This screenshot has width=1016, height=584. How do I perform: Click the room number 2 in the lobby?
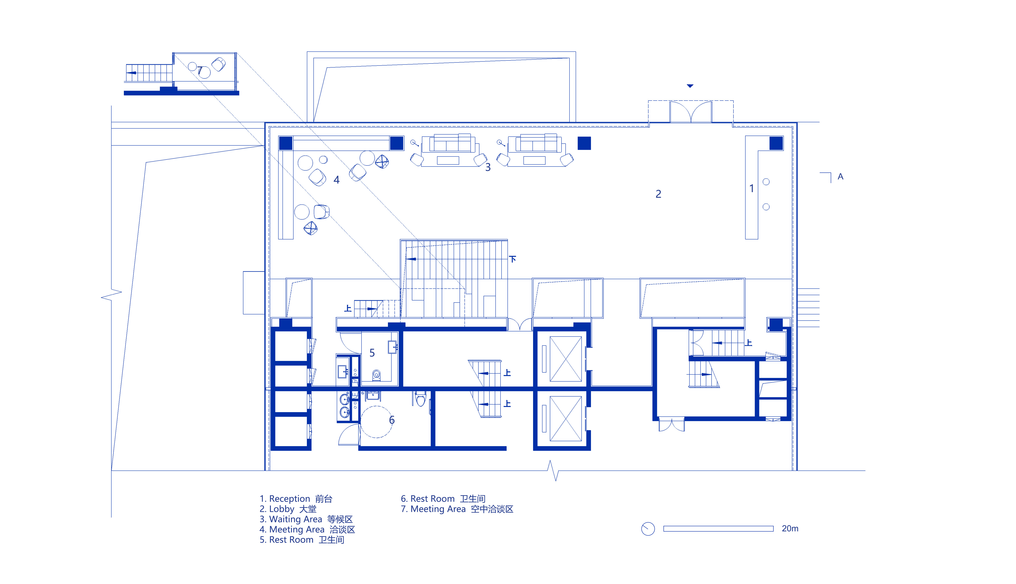tap(658, 194)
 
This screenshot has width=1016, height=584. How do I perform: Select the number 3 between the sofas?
tap(488, 167)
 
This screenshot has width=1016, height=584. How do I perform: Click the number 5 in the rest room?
tap(372, 353)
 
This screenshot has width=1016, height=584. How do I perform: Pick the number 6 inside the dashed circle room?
tap(392, 420)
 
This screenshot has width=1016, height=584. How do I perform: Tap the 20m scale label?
tap(790, 529)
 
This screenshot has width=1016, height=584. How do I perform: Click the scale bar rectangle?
tap(718, 529)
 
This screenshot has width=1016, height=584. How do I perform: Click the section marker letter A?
tap(840, 177)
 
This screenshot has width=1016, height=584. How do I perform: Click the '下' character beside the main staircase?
tap(513, 259)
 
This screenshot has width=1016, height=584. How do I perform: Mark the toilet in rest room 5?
tap(376, 375)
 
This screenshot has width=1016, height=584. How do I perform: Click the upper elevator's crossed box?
tap(565, 359)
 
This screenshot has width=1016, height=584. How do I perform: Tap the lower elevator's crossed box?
tap(565, 418)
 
